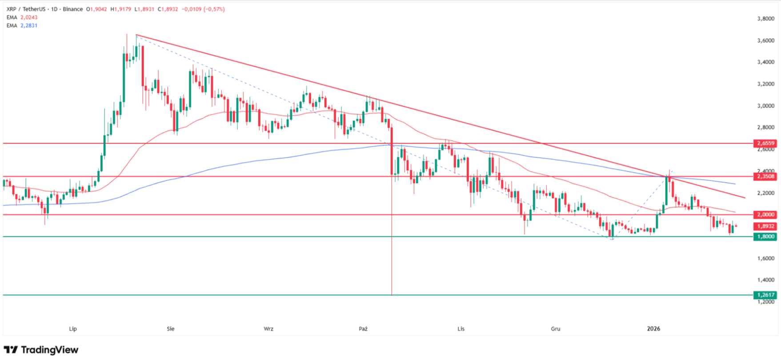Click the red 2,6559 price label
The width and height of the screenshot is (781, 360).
click(x=765, y=143)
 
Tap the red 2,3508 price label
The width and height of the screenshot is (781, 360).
click(x=765, y=176)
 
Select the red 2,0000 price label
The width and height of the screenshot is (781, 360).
click(x=765, y=214)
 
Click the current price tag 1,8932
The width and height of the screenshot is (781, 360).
click(x=765, y=226)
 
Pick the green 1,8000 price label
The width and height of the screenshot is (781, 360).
click(x=765, y=236)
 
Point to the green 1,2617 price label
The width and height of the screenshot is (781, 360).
click(x=765, y=295)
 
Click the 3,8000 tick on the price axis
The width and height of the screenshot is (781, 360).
click(x=765, y=19)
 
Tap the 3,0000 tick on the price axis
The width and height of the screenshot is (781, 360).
click(x=765, y=106)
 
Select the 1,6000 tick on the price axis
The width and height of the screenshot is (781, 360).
click(x=765, y=258)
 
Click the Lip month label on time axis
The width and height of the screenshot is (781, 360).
click(x=73, y=329)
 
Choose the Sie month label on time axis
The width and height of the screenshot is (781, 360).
click(x=171, y=329)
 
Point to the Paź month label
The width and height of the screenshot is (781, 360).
click(x=363, y=329)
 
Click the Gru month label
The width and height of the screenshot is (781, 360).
click(x=556, y=329)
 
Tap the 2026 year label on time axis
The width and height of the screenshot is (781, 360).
click(x=653, y=329)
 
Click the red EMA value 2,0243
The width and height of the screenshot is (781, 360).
click(x=29, y=17)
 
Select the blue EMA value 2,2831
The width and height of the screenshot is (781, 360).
click(x=29, y=25)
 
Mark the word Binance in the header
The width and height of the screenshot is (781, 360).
click(x=73, y=9)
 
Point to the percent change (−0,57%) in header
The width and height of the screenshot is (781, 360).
click(x=214, y=9)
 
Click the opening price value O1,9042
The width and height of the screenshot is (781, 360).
click(x=96, y=9)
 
